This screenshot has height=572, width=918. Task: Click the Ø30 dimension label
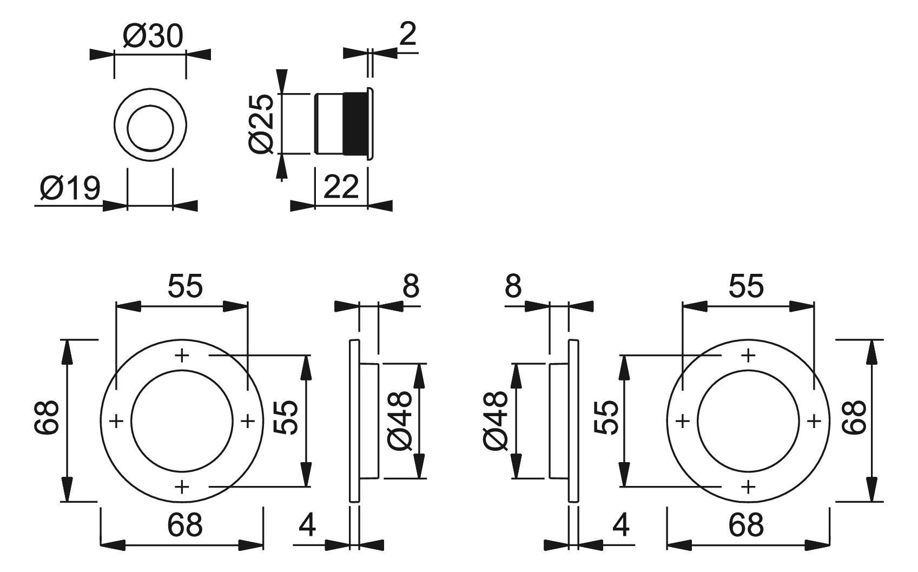click(x=153, y=36)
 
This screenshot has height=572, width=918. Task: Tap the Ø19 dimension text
click(x=70, y=188)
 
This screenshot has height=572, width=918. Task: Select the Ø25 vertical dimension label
click(x=261, y=124)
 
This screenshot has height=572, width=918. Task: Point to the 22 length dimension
click(x=341, y=187)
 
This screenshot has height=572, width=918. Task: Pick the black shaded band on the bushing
click(x=355, y=124)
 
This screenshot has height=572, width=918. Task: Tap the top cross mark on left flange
click(x=182, y=355)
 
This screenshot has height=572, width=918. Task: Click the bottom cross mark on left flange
click(x=182, y=487)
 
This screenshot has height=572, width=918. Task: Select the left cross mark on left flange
click(x=116, y=421)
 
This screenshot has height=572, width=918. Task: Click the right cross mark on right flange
click(x=814, y=421)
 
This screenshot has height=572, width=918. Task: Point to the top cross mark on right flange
click(x=748, y=355)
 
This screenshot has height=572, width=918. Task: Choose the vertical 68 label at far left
click(x=47, y=417)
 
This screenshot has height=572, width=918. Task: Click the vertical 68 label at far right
click(x=854, y=417)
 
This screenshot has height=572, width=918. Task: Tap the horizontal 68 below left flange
click(x=185, y=524)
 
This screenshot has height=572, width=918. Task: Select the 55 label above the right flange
click(x=747, y=286)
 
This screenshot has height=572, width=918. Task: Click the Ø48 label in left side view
click(x=399, y=421)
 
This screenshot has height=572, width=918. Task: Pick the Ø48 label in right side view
click(x=496, y=421)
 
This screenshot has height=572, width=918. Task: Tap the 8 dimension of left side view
click(x=411, y=286)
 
